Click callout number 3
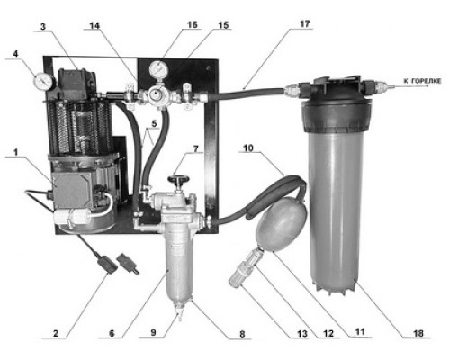[43, 27]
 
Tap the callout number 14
[94, 26]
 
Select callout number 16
[193, 24]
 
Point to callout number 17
[304, 24]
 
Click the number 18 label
[418, 333]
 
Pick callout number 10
[248, 148]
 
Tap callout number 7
[195, 148]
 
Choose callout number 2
[56, 333]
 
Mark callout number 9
[153, 333]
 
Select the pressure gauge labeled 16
[158, 69]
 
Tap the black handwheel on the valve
[178, 179]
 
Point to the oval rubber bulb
[282, 223]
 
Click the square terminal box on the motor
[71, 190]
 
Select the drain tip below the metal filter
[180, 316]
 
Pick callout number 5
[154, 123]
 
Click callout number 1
[15, 153]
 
